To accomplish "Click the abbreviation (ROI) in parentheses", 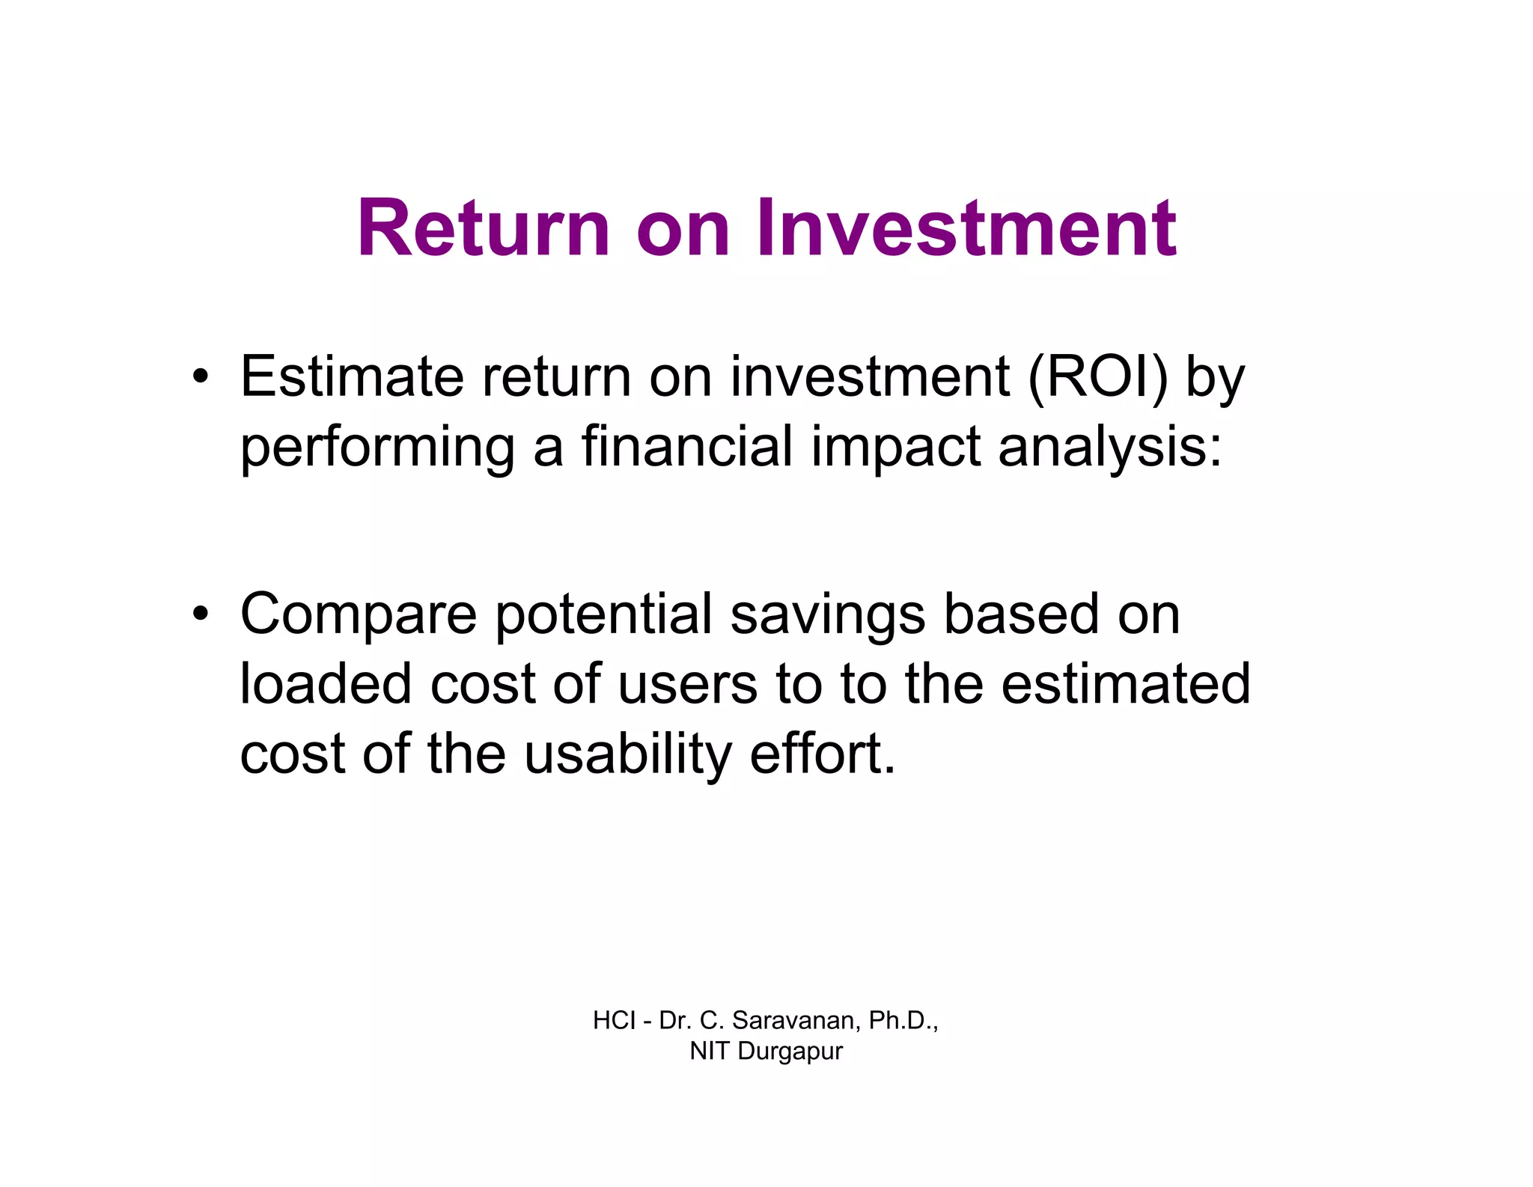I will tap(1097, 377).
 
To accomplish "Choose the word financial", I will tap(686, 446).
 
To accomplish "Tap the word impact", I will tap(895, 448).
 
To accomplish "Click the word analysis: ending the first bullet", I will tap(1110, 448).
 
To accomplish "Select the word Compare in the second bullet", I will tap(358, 615).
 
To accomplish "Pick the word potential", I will tap(603, 614).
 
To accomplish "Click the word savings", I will tap(827, 615).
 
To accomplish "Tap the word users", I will tap(687, 684).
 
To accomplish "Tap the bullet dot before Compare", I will tap(200, 614).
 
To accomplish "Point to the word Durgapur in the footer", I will tap(790, 1051).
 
